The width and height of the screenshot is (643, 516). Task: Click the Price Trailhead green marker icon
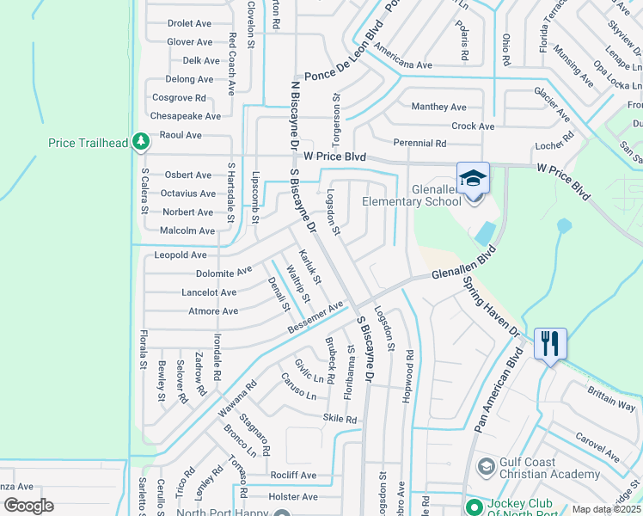tap(139, 143)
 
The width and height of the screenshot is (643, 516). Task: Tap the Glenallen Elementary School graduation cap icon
tap(473, 179)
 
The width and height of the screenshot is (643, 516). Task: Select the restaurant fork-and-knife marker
tap(548, 343)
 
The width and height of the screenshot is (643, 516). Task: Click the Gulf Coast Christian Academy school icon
tap(486, 466)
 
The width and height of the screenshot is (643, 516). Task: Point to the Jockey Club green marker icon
tap(472, 506)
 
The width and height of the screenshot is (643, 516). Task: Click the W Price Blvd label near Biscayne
tap(335, 157)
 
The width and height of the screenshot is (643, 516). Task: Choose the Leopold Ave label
tap(181, 255)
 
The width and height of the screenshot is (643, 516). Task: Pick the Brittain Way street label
tap(612, 396)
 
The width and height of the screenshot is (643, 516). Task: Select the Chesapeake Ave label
tap(185, 116)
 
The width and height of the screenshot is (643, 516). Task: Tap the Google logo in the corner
tap(28, 506)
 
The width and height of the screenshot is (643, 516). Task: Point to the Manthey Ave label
tap(438, 107)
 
